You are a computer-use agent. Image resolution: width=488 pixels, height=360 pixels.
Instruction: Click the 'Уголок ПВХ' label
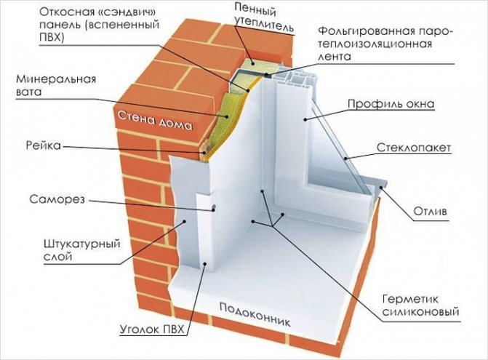153,332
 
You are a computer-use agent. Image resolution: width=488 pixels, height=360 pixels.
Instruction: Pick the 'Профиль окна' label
401,104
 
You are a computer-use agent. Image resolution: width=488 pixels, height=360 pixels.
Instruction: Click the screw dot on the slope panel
215,209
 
